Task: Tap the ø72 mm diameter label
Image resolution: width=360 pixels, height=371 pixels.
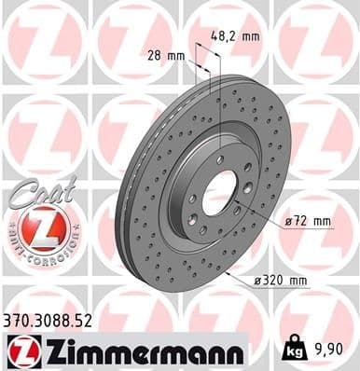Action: (307, 222)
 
